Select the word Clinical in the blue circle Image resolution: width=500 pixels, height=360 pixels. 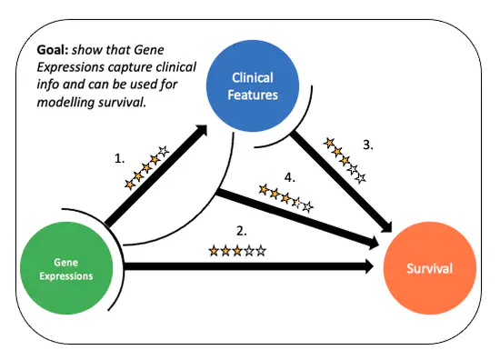[253, 78]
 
